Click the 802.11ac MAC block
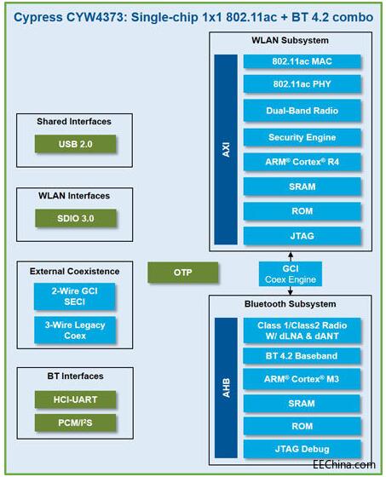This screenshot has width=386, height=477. [x=302, y=61]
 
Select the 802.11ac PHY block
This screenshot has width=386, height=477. [x=302, y=84]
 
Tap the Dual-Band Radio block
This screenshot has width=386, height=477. [x=302, y=111]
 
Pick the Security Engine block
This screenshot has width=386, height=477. [x=302, y=137]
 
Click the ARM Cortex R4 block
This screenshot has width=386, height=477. [x=302, y=162]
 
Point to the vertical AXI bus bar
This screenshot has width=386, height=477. [x=226, y=149]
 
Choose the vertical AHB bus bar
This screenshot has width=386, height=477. [x=226, y=388]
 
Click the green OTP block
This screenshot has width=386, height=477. [x=183, y=273]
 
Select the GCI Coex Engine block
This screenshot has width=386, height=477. [x=290, y=273]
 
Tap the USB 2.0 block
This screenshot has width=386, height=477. [x=76, y=144]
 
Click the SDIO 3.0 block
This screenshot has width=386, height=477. [x=76, y=218]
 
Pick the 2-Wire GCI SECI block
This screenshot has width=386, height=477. [x=75, y=296]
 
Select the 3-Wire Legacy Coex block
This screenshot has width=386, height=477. [x=75, y=330]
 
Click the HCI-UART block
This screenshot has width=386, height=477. [x=76, y=399]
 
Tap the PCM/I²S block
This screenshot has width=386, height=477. [x=76, y=422]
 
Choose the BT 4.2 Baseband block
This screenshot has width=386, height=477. [x=302, y=356]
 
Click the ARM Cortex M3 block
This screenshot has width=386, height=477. [x=302, y=379]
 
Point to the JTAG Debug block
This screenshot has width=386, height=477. [x=302, y=449]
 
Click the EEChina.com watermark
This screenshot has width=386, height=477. [x=344, y=464]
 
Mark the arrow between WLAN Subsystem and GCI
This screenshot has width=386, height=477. [x=291, y=256]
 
